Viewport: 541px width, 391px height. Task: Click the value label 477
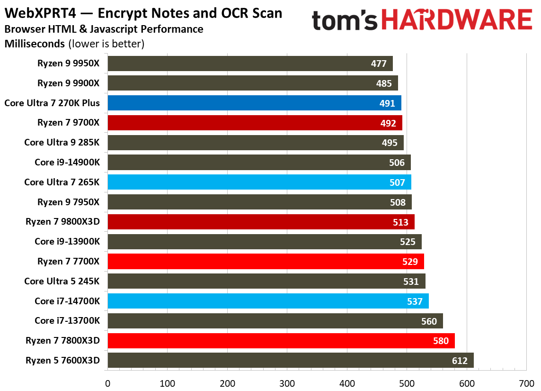pos(379,64)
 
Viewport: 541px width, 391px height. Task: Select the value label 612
pos(459,361)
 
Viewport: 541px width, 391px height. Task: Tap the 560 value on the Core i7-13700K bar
pos(429,321)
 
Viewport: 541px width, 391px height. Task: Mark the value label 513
pos(400,222)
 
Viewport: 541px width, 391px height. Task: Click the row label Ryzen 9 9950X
pos(69,64)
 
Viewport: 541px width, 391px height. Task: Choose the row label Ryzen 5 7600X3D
pos(63,360)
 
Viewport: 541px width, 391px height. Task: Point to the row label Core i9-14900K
pos(67,162)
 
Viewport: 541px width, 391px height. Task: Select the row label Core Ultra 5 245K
pos(62,281)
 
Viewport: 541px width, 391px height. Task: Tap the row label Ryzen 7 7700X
pos(69,261)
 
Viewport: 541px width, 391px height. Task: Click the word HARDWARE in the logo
pos(456,20)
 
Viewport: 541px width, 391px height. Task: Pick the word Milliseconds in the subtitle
pos(35,44)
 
